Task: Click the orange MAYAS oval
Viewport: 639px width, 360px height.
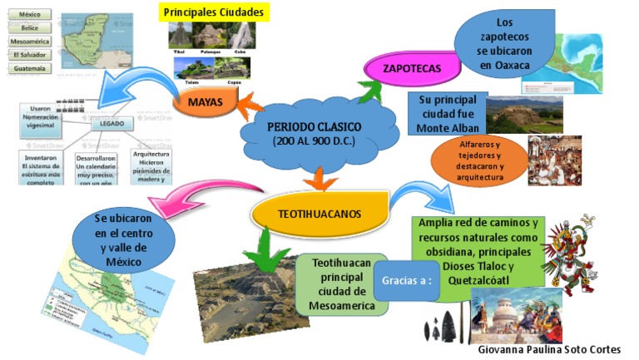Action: tap(205, 103)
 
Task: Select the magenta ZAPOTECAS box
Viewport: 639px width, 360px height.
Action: tap(411, 67)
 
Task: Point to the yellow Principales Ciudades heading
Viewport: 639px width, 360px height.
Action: tap(214, 12)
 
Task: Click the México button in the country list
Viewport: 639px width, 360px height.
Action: tap(29, 15)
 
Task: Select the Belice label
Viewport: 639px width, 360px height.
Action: tap(29, 28)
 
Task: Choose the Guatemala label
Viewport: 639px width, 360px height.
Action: tap(29, 68)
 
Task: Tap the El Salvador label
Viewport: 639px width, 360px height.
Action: tap(29, 55)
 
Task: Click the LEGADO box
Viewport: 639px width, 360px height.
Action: tap(110, 123)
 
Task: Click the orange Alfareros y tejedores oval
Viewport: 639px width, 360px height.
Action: tap(480, 161)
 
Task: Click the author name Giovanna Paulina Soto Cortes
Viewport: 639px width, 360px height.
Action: tap(550, 350)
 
